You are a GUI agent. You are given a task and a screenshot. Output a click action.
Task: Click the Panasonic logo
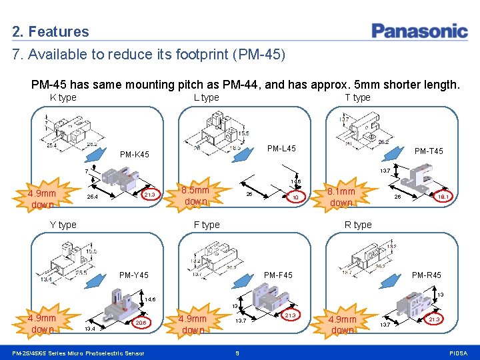point(419,31)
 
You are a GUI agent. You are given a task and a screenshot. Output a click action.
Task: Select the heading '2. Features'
point(51,31)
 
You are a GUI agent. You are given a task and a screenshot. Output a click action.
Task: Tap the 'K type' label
point(63,97)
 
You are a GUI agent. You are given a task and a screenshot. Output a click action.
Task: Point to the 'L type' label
point(206,97)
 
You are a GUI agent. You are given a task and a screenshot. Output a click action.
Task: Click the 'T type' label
point(357,97)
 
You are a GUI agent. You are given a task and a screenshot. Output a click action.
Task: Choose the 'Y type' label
point(63,225)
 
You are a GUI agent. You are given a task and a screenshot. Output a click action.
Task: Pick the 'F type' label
point(206,225)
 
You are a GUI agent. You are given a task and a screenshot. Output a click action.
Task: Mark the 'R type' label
point(358,225)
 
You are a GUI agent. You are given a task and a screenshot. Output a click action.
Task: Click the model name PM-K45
point(134,155)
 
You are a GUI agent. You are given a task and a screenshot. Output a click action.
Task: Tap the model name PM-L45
point(281,148)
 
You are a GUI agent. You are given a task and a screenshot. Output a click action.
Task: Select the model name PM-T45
point(429,151)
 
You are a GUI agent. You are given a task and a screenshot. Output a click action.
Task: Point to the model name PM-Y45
point(134,275)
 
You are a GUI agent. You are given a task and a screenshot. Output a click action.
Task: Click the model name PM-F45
point(278,275)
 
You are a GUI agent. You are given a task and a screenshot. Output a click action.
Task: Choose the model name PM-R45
point(427,275)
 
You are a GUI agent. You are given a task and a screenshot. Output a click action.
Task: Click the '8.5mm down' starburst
point(196,195)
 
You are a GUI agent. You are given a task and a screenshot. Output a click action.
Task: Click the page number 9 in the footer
point(238,353)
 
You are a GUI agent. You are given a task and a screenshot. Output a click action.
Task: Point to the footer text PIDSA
point(459,353)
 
